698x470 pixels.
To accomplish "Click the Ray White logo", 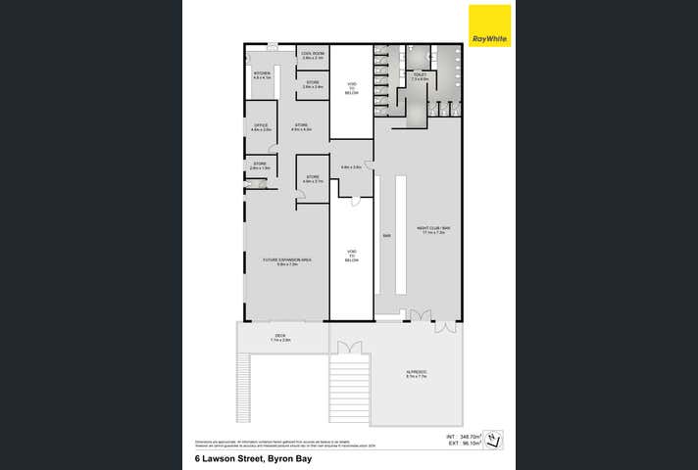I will click(490, 25).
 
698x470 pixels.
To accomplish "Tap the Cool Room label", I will click(313, 57).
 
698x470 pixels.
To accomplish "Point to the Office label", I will click(261, 127).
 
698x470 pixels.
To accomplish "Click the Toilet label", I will click(420, 76).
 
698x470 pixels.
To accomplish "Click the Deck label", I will click(279, 338).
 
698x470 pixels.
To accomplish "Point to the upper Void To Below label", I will click(352, 89).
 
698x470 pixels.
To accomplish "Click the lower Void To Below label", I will click(352, 257).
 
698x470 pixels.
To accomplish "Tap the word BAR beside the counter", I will click(388, 236).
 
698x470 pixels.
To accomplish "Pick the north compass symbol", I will click(497, 442).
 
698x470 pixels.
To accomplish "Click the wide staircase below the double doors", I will click(350, 387).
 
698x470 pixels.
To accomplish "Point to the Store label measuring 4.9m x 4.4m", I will click(301, 127).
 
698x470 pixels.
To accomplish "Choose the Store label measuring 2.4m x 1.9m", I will click(260, 165).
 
